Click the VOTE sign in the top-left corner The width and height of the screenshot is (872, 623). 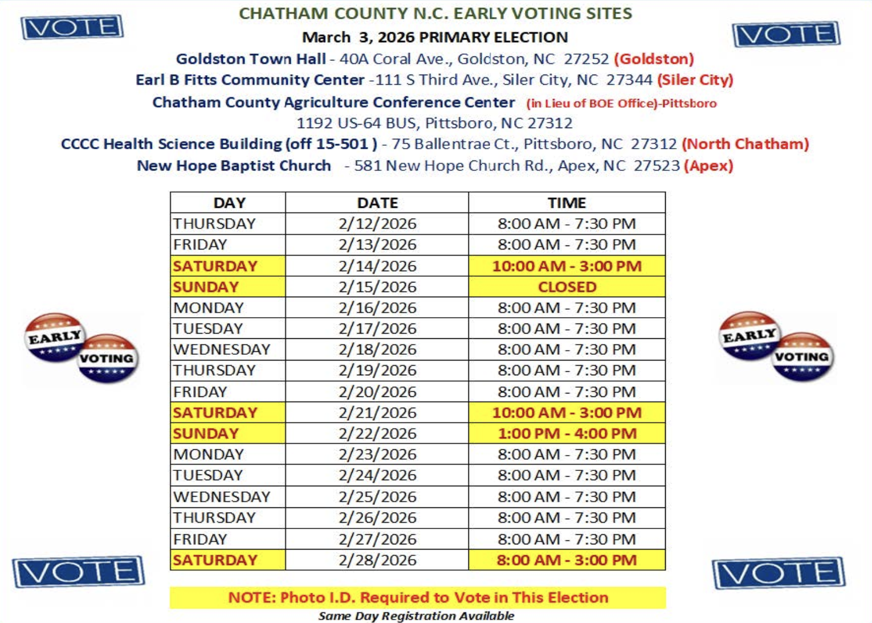72,27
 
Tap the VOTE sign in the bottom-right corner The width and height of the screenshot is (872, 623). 779,572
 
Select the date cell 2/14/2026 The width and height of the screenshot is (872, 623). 377,266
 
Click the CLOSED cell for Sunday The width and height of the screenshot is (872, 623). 567,287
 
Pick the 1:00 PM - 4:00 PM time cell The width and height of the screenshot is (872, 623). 567,433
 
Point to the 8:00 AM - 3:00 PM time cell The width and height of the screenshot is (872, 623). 567,560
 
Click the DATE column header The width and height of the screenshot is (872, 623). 377,203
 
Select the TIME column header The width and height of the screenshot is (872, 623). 567,203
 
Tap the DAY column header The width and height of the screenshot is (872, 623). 229,203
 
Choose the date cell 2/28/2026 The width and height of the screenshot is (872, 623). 377,560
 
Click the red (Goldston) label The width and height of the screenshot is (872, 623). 654,59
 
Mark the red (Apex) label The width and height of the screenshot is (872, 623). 708,166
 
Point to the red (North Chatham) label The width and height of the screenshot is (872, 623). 745,144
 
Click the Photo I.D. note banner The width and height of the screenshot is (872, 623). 418,597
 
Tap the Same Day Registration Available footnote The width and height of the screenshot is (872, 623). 416,616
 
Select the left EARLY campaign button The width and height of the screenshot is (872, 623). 54,337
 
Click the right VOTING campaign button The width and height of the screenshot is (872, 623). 802,357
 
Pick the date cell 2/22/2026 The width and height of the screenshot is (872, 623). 377,433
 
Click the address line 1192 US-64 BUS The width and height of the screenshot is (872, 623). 434,123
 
